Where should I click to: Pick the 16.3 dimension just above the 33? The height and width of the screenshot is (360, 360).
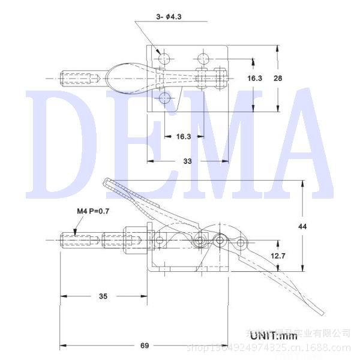(x=184, y=137)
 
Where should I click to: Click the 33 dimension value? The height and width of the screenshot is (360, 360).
(x=187, y=161)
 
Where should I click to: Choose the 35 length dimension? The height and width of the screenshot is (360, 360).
(x=104, y=296)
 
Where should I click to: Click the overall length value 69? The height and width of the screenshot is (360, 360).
(x=144, y=346)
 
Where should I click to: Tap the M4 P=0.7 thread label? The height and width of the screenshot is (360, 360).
(x=94, y=211)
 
